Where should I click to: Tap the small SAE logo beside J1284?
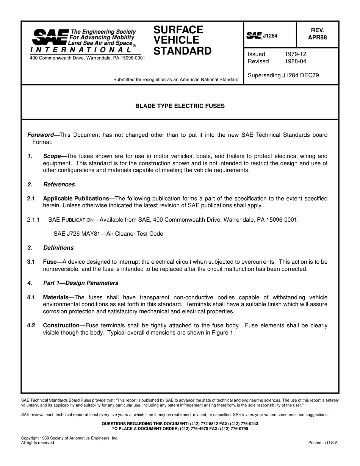tap(254, 36)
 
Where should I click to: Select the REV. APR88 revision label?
tap(317, 34)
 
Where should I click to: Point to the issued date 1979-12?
tap(295, 54)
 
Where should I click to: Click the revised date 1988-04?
tap(295, 61)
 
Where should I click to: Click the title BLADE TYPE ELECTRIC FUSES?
tap(180, 106)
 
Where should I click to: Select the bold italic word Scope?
tap(52, 156)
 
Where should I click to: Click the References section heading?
tap(59, 185)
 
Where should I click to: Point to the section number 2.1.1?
tap(34, 220)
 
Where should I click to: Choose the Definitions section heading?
tap(58, 248)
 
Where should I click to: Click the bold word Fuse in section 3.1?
tap(50, 262)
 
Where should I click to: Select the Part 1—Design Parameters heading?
tap(80, 283)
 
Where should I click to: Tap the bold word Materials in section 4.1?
tap(56, 297)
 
